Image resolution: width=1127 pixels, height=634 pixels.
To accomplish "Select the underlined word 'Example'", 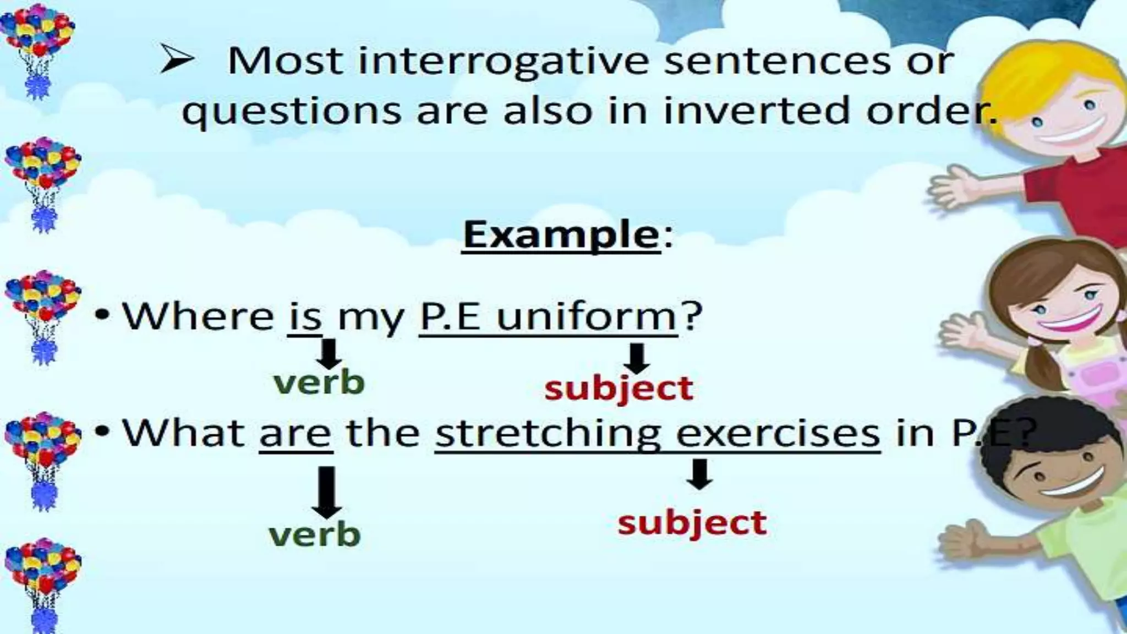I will [561, 235].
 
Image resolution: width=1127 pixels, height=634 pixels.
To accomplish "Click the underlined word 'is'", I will [304, 318].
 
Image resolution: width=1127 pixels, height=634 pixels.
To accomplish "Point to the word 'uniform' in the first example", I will [587, 318].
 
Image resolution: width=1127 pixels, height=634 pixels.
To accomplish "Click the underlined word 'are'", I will [296, 434].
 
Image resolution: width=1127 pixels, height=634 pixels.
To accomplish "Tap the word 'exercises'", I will [778, 434].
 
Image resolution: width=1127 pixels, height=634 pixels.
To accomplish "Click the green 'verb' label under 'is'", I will [319, 383].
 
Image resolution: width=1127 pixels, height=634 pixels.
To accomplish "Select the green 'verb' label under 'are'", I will [315, 534].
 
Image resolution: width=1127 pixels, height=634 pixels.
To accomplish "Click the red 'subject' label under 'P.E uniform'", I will [619, 389].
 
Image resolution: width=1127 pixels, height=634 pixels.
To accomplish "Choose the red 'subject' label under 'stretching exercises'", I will [692, 522].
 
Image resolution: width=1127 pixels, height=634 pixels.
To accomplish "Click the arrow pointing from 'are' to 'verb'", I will [327, 493].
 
